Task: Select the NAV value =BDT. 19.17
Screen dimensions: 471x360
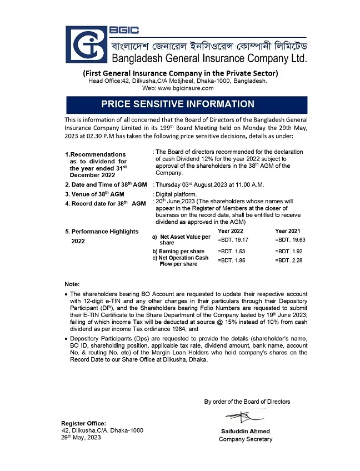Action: [x=233, y=239]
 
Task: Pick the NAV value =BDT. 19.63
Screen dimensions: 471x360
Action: [x=291, y=239]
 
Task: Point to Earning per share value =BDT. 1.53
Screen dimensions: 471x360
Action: [x=232, y=252]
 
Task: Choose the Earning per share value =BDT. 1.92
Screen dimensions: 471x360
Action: [x=289, y=252]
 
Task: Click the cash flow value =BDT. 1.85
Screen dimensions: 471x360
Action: [x=232, y=260]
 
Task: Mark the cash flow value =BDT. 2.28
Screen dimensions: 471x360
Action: [x=289, y=260]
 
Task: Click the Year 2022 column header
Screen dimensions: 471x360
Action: [x=231, y=231]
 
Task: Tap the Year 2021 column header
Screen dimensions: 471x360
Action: [x=288, y=231]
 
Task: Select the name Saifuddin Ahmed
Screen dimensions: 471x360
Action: [x=246, y=431]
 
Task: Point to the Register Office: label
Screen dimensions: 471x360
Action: [x=83, y=423]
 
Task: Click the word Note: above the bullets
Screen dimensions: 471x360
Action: [x=72, y=284]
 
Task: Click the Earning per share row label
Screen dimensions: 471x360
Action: [x=178, y=252]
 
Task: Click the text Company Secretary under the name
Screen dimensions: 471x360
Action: [x=246, y=439]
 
